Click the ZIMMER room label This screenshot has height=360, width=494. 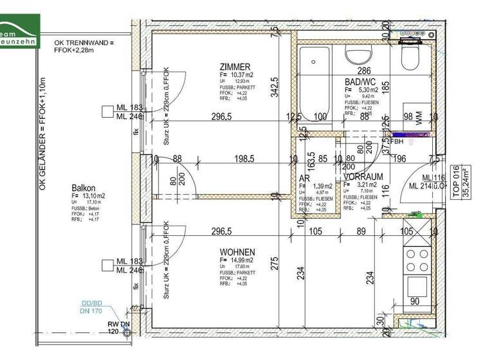click(234, 67)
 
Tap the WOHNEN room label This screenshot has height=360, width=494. click(237, 252)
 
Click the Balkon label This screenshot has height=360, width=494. click(84, 188)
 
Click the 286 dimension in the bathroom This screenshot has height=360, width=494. click(364, 71)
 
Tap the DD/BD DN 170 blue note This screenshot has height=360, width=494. click(91, 307)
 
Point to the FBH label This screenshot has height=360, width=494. click(396, 141)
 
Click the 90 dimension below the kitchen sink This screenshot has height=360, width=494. click(415, 301)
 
